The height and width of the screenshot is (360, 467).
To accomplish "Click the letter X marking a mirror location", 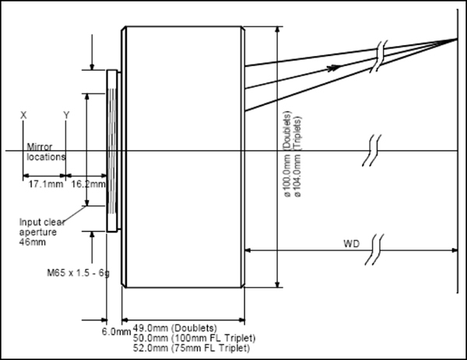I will click(23, 115).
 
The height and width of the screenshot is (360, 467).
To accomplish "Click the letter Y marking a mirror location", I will click(66, 115).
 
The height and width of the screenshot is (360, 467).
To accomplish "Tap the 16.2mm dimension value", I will click(86, 185).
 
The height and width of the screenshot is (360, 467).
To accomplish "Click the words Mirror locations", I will click(45, 151).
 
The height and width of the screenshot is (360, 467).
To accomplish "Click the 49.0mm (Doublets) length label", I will click(175, 327).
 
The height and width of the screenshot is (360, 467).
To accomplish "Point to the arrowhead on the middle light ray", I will click(333, 68).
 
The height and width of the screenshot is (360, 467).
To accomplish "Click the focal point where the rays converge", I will click(455, 37).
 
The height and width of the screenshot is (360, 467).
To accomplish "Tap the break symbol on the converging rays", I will click(378, 55).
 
